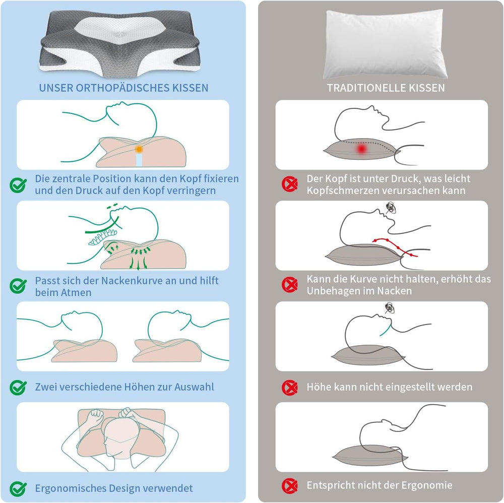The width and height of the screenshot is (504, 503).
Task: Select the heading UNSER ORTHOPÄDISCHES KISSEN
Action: [x=123, y=88]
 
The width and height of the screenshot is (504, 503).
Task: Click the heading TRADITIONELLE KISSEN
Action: [x=386, y=88]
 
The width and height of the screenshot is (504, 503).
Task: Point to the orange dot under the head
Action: [x=138, y=149]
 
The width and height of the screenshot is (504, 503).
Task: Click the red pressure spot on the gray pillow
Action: [x=361, y=149]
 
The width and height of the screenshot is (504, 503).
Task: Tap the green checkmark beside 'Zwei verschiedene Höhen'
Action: [x=19, y=387]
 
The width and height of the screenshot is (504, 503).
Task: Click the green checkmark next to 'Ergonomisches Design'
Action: [x=19, y=488]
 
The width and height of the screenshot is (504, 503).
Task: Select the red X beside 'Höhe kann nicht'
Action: [x=290, y=387]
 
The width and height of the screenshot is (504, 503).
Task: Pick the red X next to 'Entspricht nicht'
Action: [x=290, y=486]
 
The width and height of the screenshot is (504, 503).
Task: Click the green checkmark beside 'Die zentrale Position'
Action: [x=19, y=185]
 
